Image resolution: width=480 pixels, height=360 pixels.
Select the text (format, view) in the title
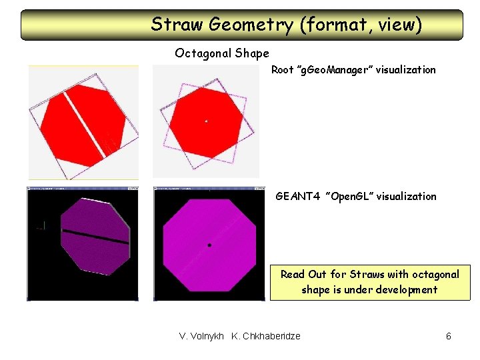coord(360,25)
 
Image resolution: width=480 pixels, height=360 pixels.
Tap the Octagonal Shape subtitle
coord(222,53)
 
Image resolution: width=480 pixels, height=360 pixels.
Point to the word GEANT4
coord(297,197)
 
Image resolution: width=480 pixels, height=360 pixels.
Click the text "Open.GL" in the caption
coord(348,197)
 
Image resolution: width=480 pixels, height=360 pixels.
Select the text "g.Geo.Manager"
coord(335,70)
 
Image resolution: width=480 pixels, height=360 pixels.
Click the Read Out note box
coord(369,282)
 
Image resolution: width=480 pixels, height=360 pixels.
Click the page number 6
coord(448,336)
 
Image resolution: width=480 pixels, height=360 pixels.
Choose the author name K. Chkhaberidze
coord(266,336)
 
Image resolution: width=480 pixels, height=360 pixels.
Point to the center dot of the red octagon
coord(206,121)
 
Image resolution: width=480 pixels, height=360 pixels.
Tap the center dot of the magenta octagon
coord(209,245)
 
